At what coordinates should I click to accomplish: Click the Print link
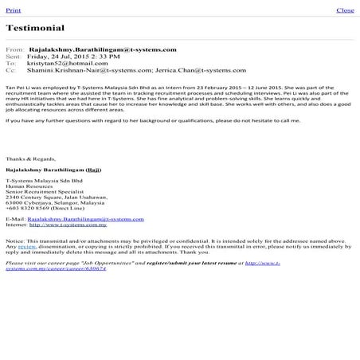coord(13,10)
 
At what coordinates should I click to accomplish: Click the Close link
coord(345,10)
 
